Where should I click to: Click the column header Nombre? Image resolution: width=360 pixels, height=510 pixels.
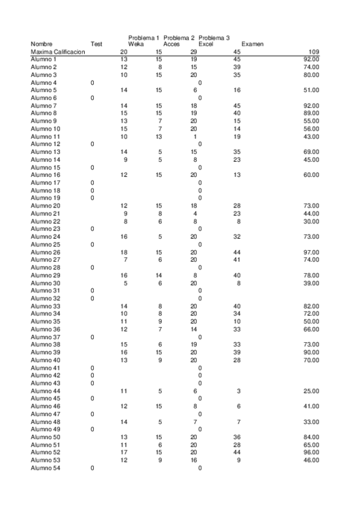pos(41,44)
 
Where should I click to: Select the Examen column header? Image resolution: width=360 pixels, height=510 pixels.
pos(252,44)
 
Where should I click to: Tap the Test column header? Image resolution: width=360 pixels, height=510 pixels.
pos(96,44)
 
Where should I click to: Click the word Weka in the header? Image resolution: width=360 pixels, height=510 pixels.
pos(136,44)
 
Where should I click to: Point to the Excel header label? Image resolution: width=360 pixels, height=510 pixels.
pos(206,44)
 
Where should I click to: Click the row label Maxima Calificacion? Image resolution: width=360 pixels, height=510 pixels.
pos(58,52)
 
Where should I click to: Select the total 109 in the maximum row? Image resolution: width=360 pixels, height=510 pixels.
pos(313,52)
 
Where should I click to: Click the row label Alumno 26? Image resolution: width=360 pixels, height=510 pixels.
pos(46,252)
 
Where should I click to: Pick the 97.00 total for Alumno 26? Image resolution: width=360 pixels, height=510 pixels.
pos(310,252)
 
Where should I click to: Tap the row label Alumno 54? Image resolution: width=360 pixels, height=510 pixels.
pos(46,468)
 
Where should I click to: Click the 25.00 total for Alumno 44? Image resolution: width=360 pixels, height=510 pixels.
pos(310,391)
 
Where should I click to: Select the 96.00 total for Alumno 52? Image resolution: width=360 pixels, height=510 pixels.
pos(310,452)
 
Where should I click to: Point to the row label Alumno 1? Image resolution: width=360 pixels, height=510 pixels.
pos(44,60)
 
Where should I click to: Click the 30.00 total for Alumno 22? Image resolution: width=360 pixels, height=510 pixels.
pos(310,221)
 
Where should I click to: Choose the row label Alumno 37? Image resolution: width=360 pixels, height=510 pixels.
pos(46,337)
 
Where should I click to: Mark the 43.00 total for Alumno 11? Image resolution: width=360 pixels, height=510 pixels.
pos(310,137)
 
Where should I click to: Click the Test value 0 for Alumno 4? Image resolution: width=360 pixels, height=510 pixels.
pos(92,82)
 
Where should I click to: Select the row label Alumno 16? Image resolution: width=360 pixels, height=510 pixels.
pos(46,175)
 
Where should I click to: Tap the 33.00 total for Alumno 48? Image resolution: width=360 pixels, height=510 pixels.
pos(310,422)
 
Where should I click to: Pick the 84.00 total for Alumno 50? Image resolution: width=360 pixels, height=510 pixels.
pos(310,437)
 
